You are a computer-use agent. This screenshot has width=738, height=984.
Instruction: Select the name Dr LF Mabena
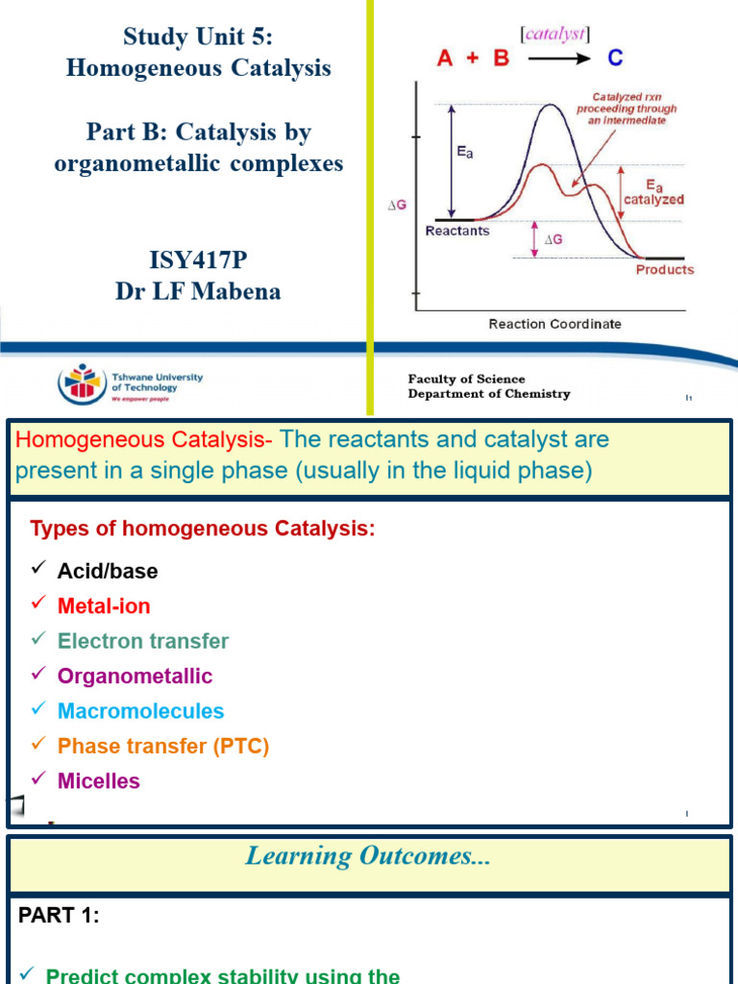[198, 291]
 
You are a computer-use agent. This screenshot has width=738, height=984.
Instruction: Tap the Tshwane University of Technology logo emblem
[80, 384]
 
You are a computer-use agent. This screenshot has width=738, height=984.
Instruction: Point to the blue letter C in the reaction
[614, 59]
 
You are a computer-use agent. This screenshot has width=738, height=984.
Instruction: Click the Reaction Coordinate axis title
[554, 324]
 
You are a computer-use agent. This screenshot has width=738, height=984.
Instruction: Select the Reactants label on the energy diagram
[456, 231]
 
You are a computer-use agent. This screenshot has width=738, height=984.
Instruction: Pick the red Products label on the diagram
[664, 269]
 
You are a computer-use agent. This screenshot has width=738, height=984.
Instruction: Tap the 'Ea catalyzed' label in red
[653, 193]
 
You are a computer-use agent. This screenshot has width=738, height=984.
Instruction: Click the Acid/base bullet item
[108, 571]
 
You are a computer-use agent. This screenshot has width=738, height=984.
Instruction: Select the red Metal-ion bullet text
[104, 605]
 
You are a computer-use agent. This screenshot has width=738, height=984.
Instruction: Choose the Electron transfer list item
[143, 641]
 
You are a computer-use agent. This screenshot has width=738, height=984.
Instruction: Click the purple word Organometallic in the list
[135, 676]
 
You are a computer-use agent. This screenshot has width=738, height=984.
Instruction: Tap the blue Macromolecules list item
[140, 711]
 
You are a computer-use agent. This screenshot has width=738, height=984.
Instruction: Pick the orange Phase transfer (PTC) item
[163, 746]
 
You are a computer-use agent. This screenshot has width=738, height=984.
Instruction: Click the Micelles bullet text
[99, 781]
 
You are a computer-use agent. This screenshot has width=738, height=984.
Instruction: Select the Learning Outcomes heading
[368, 856]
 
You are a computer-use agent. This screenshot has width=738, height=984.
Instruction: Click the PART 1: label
[59, 916]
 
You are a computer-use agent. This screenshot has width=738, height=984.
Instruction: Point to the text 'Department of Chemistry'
[488, 394]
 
